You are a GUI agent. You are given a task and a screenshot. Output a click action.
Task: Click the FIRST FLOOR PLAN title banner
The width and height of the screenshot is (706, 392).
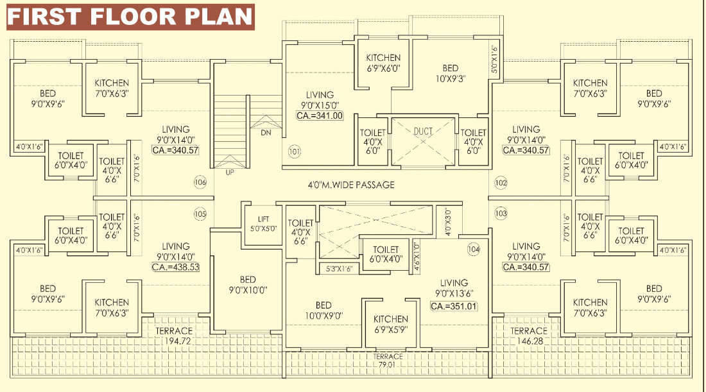pos(130,17)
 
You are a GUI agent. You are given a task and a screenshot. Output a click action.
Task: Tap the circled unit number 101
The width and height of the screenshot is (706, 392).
pos(294,151)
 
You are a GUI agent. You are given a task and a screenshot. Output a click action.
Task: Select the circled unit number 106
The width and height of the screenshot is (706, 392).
pos(200,182)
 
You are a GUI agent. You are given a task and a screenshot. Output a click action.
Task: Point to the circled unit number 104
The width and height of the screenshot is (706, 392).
pos(474,250)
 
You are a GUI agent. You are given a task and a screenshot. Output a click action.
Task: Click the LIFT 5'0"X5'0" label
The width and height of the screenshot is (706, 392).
pos(263,224)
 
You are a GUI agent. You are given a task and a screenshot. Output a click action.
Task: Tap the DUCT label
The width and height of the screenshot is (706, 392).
pos(423,132)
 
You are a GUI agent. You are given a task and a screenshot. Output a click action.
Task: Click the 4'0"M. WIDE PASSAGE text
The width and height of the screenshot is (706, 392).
pos(351,185)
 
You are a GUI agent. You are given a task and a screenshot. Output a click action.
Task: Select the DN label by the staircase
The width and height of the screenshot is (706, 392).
pos(266,133)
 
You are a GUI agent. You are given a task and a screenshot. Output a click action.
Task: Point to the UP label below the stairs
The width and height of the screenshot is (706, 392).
pos(230,173)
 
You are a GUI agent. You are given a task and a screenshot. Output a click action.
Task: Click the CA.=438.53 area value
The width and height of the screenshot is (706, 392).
pos(176,268)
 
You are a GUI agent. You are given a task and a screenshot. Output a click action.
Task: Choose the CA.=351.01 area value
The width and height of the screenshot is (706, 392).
pos(454,307)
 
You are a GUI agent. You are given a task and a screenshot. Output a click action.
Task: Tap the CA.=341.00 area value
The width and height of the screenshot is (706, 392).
pos(320,115)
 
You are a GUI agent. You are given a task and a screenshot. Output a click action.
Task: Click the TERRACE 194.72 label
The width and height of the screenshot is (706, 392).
pos(174,336)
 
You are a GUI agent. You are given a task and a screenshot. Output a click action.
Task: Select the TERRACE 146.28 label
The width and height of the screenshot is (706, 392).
pos(529,336)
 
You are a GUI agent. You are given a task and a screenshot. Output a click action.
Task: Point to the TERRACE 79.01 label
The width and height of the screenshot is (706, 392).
pos(387,361)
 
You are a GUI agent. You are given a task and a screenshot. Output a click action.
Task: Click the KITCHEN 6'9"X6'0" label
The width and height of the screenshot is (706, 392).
pos(383,63)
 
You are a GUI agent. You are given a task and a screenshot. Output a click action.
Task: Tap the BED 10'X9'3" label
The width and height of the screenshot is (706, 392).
pos(451,73)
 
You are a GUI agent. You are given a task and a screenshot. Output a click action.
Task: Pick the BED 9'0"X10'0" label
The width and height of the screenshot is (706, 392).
pos(248,285)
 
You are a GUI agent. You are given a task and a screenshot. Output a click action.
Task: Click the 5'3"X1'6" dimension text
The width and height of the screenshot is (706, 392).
pos(340,269)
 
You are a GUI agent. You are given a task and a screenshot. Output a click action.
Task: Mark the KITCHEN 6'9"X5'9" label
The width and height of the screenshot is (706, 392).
pos(391,324)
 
